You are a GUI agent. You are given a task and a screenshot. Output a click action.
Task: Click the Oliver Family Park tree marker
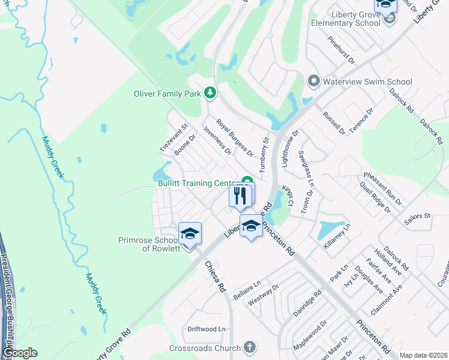click(209, 92)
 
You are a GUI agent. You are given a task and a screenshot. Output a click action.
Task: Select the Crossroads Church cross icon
click(249, 347)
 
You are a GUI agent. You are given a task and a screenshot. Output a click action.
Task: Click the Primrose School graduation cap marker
click(190, 233)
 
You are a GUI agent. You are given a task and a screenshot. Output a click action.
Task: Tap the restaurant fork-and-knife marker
click(240, 195)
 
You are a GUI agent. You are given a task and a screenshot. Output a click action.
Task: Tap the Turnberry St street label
click(264, 155)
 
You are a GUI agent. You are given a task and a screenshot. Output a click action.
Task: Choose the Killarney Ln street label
click(337, 233)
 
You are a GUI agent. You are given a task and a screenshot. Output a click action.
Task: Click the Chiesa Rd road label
click(214, 276)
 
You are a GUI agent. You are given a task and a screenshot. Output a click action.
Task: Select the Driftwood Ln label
click(206, 329)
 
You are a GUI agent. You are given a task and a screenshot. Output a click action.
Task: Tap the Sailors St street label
click(418, 215)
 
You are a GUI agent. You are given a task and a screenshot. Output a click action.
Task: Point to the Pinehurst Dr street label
click(342, 50)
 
